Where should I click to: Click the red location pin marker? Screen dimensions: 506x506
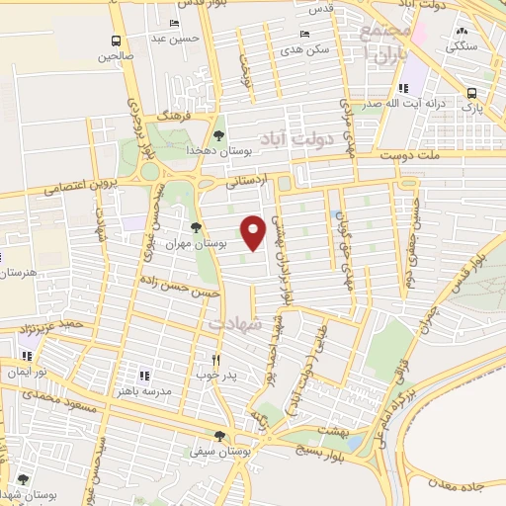[x=254, y=231]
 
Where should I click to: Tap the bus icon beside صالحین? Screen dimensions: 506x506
[x=117, y=42]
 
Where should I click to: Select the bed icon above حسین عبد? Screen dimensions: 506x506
[x=175, y=23]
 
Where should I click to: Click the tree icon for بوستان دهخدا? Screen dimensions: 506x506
[x=218, y=136]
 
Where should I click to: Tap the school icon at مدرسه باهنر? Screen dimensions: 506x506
[x=144, y=376]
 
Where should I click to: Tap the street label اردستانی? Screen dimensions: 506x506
[x=247, y=182]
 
